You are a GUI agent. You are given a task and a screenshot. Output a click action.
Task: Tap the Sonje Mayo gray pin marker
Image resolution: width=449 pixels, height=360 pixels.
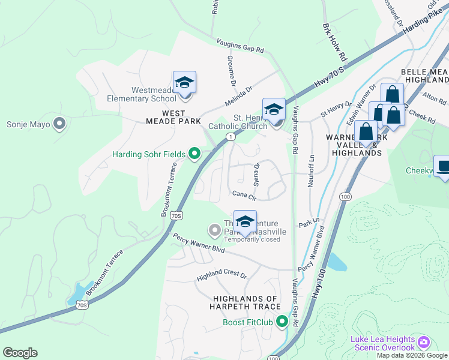pyautogui.click(x=59, y=124)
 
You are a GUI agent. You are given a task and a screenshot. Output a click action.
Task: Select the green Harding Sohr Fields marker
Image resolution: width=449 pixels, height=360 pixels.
pyautogui.click(x=194, y=154)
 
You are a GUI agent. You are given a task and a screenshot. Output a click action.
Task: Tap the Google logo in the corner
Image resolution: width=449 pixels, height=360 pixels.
pyautogui.click(x=20, y=353)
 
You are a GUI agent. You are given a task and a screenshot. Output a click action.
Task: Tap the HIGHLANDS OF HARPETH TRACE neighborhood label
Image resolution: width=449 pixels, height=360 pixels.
pyautogui.click(x=246, y=303)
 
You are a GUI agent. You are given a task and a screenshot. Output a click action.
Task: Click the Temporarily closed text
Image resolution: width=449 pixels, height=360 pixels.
pyautogui.click(x=252, y=239)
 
